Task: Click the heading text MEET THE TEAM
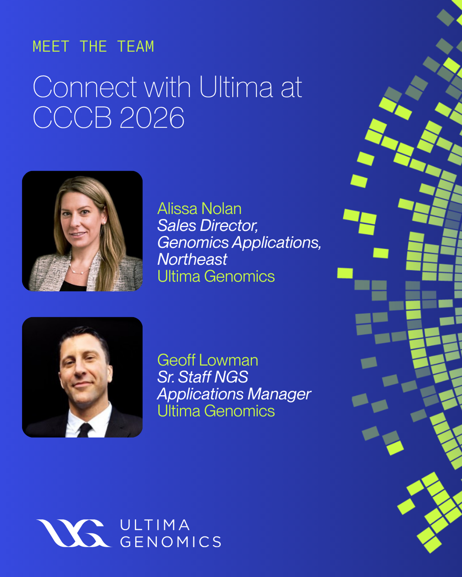93,47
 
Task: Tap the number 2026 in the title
152,117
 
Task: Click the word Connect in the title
85,87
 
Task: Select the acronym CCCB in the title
72,117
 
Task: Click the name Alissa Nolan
200,208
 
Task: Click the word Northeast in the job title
192,259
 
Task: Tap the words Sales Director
208,226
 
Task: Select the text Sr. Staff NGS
203,377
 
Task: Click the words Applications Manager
234,394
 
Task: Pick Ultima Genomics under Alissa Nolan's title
216,276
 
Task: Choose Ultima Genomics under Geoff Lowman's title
216,411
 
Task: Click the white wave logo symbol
74,533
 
